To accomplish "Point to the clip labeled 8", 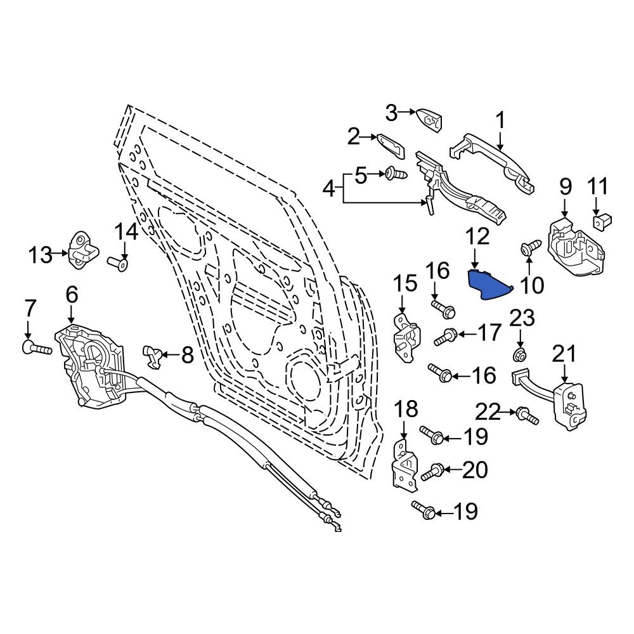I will point(153,356).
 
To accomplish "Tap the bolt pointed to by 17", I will point(445,336).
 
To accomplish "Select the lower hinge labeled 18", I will point(405,466).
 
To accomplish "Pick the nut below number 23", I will point(519,353).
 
